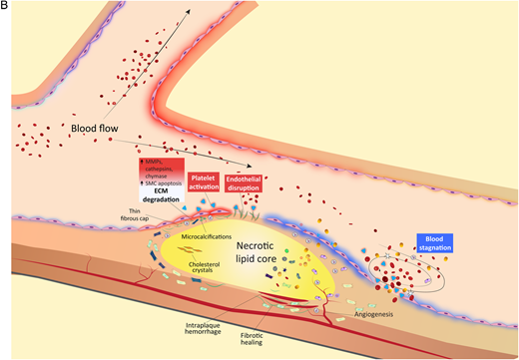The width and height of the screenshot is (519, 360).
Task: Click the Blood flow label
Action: pyautogui.click(x=96, y=130)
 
